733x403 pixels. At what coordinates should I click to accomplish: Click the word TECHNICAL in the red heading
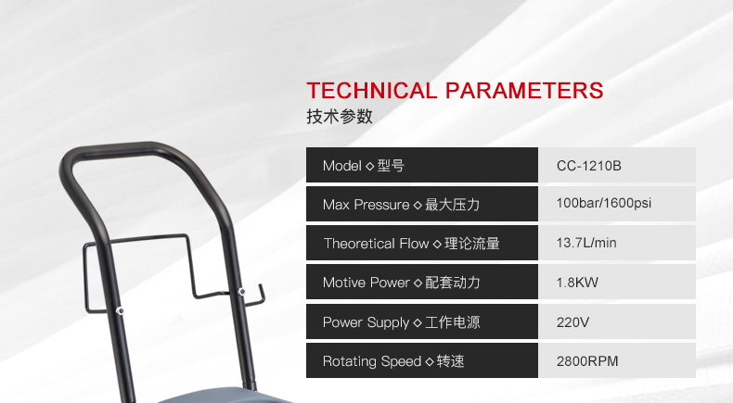372,91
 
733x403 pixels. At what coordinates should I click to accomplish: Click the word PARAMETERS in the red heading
524,91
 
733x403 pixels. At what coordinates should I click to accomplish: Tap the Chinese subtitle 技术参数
340,117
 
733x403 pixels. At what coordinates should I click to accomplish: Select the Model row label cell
422,165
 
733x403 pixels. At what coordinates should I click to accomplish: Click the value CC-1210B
588,166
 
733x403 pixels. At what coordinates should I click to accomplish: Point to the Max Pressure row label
401,205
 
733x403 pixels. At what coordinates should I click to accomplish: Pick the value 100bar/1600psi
603,203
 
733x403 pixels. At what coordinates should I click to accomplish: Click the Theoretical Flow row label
411,244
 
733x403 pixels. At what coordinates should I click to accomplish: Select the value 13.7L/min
586,243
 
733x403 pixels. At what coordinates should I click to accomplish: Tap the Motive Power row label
401,283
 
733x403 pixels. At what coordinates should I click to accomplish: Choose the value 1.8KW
577,283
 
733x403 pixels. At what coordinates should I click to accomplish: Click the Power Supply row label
401,322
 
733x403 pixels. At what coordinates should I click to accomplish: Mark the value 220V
572,322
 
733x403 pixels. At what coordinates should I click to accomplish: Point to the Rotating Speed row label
393,361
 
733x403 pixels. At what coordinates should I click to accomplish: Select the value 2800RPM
587,361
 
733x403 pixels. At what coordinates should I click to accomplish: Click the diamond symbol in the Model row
370,166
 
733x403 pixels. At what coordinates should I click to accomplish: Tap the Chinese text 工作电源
453,322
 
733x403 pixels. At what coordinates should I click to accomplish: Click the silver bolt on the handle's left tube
120,310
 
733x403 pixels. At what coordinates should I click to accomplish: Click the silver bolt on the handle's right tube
241,292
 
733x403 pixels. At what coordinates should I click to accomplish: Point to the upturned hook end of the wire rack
262,294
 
